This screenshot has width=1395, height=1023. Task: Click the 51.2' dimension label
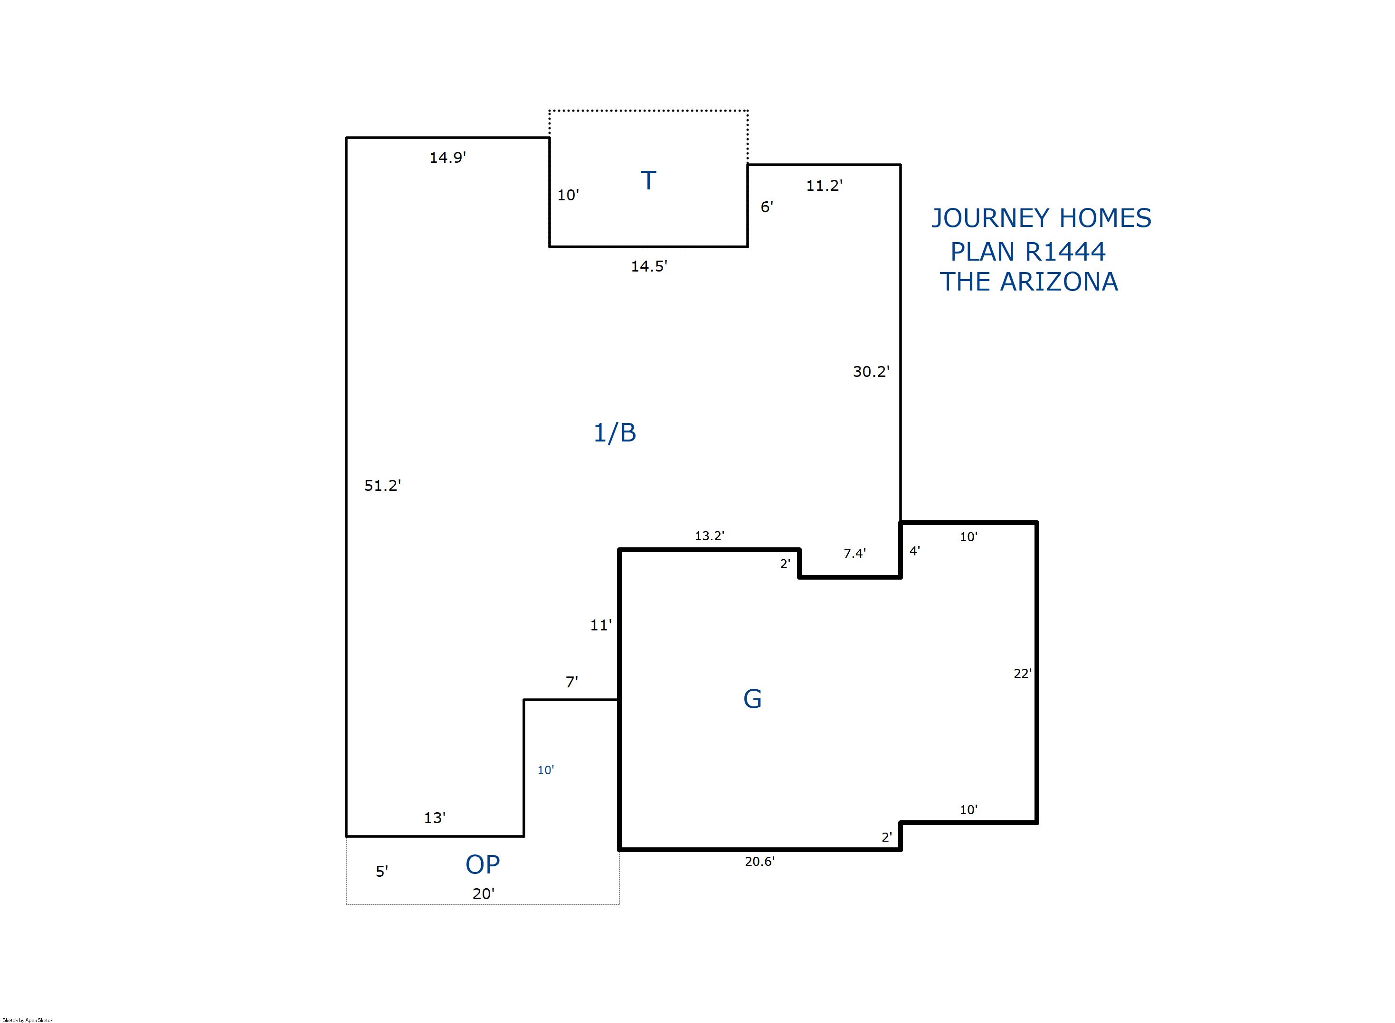click(382, 486)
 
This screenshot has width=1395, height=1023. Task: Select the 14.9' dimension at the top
click(447, 157)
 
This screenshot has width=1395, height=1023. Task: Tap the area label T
click(648, 181)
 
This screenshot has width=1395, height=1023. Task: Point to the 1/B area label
click(615, 433)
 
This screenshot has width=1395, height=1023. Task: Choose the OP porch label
click(483, 864)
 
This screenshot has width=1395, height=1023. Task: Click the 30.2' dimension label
click(871, 372)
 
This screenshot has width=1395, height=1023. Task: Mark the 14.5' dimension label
click(648, 266)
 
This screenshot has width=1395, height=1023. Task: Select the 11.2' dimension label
click(824, 185)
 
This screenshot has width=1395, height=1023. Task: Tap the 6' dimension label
click(767, 207)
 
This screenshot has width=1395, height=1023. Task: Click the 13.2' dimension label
click(709, 535)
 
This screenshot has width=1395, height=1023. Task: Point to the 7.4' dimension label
click(854, 554)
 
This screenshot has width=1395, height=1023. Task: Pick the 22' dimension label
click(1022, 674)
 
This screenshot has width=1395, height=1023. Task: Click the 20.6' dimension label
click(759, 862)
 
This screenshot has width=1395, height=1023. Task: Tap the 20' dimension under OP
click(483, 893)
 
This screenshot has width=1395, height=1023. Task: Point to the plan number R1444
click(1065, 252)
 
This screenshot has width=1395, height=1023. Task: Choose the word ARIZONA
click(1059, 282)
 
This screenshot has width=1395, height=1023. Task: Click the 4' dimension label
click(914, 551)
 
